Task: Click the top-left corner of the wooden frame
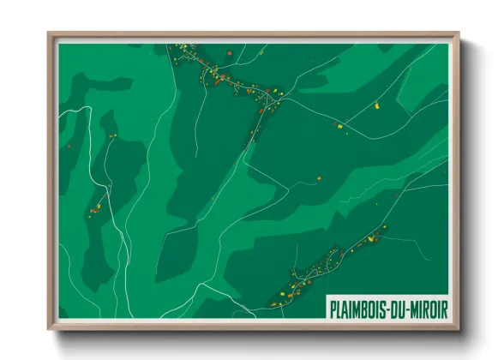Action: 49,33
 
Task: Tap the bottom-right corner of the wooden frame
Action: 459,329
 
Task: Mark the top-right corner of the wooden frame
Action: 459,33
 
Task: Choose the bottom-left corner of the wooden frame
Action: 49,329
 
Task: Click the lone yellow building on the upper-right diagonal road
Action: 376,105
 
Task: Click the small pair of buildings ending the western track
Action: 111,135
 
